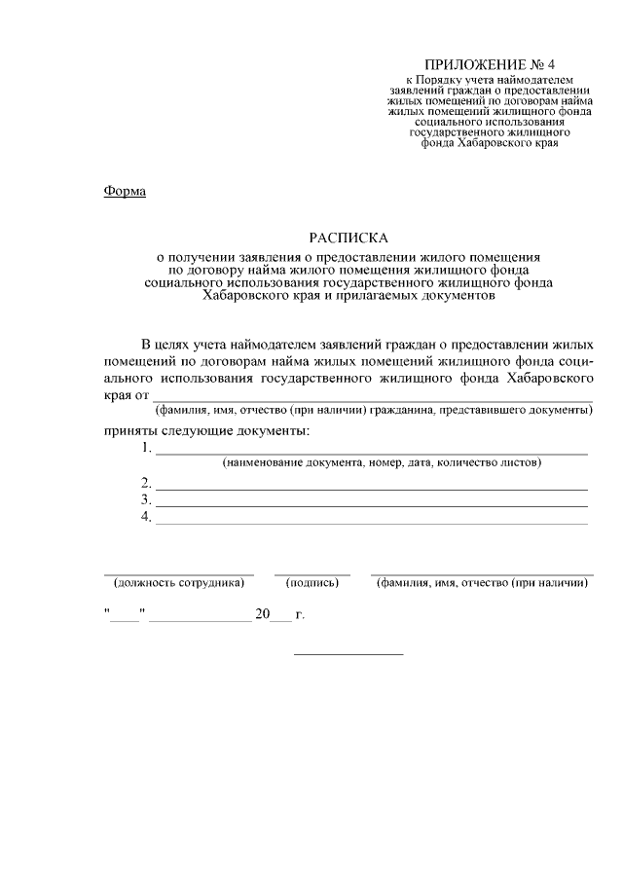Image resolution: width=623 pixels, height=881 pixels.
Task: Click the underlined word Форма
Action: click(x=125, y=191)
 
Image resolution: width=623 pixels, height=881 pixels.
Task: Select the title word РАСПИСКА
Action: click(x=348, y=238)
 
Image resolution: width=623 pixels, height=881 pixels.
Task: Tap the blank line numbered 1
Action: click(x=372, y=453)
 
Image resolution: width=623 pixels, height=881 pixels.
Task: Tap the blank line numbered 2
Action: click(x=372, y=487)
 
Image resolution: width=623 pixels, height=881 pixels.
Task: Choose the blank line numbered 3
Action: click(x=372, y=504)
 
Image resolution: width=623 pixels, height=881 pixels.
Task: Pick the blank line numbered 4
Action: click(x=372, y=522)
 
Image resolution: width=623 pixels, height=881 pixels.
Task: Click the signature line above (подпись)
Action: click(x=311, y=574)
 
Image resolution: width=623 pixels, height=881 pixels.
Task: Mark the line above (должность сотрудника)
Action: click(x=179, y=574)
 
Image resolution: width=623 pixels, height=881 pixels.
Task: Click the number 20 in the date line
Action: click(x=262, y=615)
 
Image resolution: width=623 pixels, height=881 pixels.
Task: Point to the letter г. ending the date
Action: click(x=300, y=616)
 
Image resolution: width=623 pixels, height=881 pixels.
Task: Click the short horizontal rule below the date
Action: click(x=348, y=653)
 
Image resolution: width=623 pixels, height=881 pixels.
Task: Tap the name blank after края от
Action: click(x=371, y=399)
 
